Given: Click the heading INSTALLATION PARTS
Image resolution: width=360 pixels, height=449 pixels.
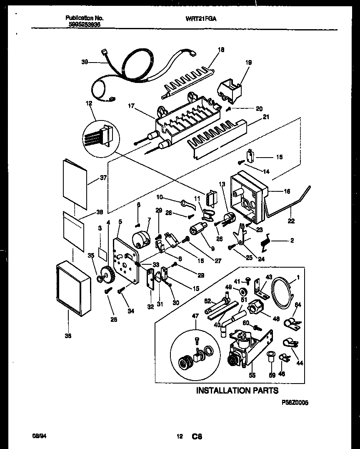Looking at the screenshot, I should [237, 391].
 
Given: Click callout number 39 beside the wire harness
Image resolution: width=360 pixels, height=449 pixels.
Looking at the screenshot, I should [85, 63].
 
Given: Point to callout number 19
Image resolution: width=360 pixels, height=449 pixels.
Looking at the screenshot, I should [249, 63].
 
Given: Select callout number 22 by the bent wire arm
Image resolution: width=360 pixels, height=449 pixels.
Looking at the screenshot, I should [291, 221].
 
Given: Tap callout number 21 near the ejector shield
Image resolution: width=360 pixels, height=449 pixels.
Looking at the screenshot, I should [266, 117].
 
